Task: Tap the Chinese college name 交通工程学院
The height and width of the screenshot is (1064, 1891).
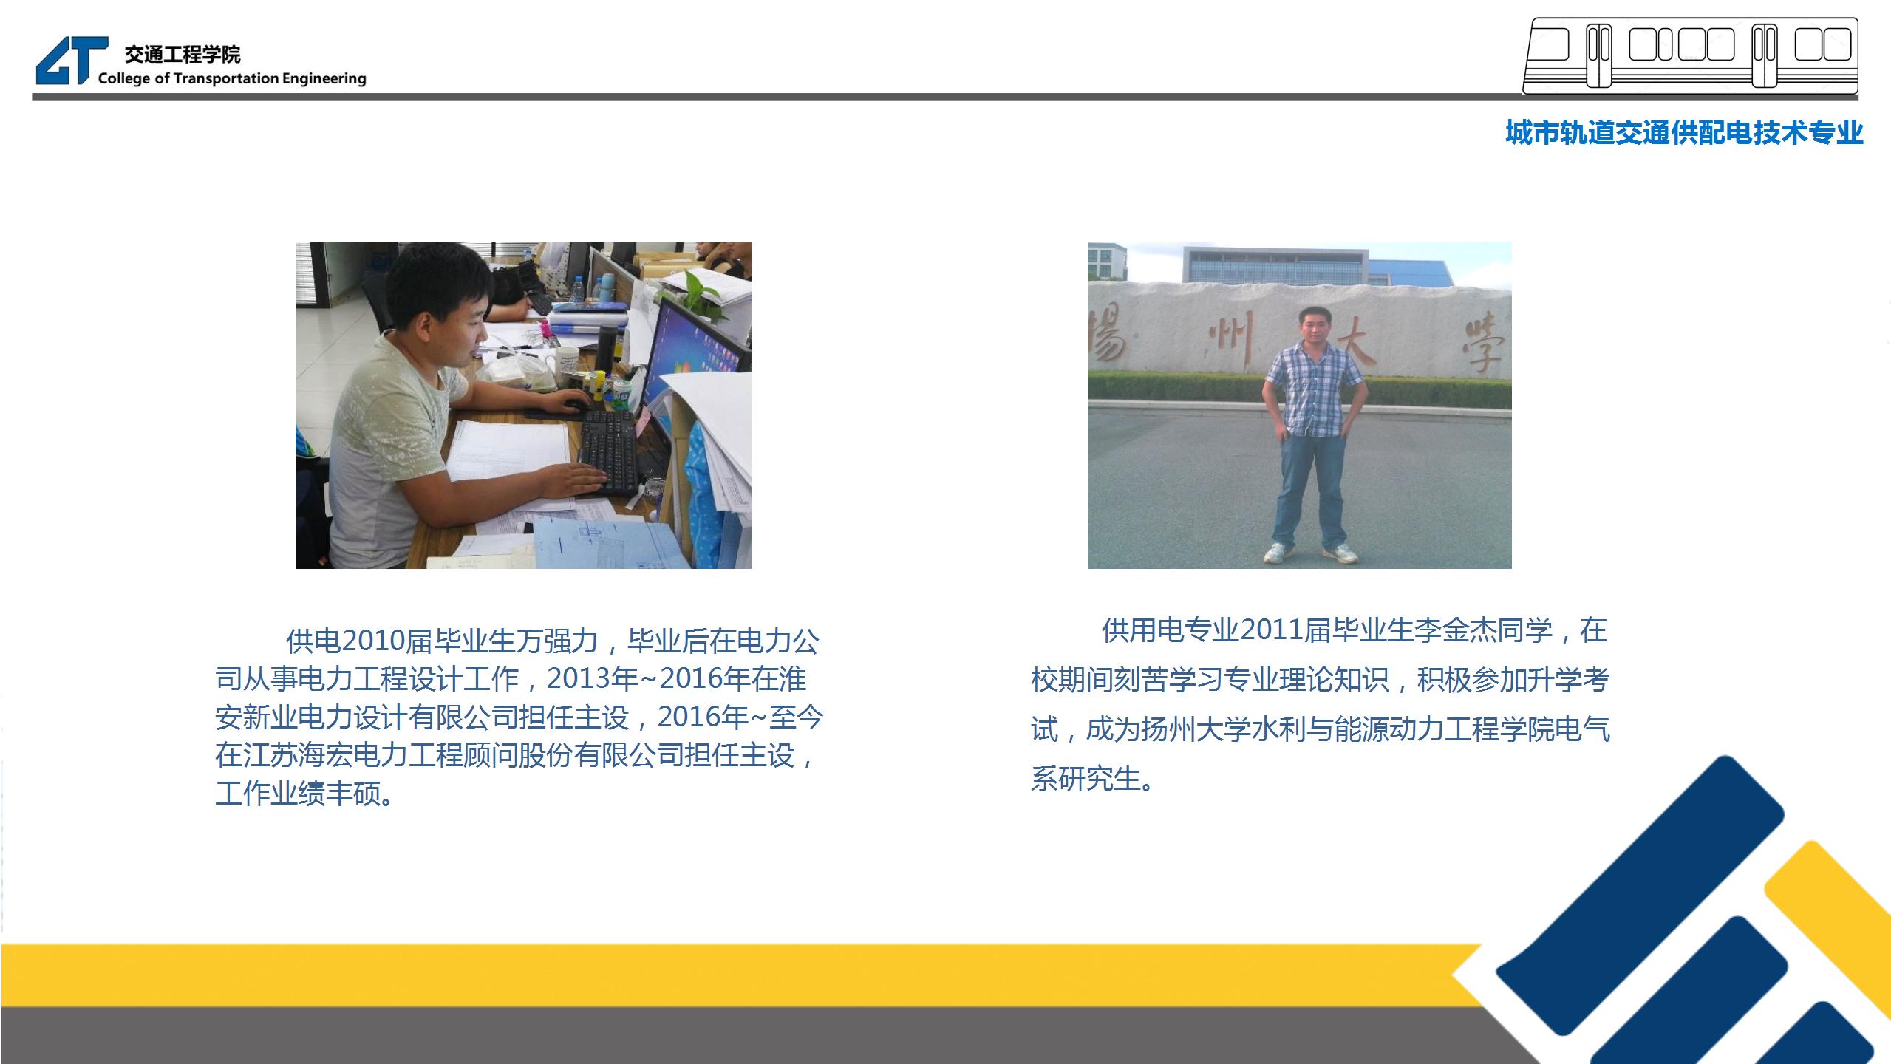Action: [x=183, y=54]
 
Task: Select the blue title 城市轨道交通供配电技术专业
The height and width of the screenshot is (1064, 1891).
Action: [x=1684, y=133]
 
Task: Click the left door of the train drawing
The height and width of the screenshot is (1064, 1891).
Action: [x=1599, y=55]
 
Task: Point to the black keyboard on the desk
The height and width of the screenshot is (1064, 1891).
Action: [x=607, y=452]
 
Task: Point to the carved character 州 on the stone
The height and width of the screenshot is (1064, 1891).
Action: [x=1230, y=340]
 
